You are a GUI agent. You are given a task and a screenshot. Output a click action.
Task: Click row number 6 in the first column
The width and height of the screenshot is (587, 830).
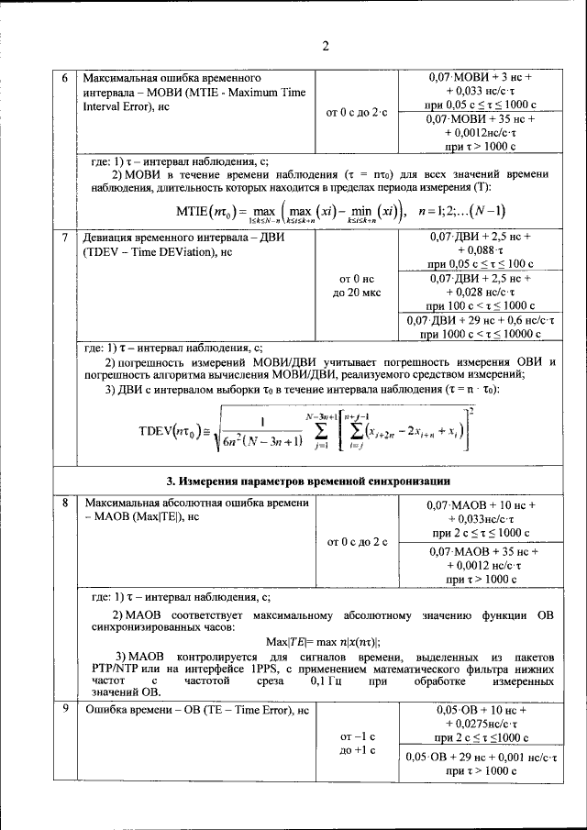point(64,79)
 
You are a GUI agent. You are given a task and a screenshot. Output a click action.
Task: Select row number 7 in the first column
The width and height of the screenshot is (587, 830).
point(64,238)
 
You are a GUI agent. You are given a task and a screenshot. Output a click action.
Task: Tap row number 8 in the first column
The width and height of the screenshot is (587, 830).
point(64,504)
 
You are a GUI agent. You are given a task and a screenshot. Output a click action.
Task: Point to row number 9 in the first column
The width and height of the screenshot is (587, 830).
point(64,710)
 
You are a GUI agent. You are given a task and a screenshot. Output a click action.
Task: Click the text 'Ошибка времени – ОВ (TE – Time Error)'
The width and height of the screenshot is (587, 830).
point(186,710)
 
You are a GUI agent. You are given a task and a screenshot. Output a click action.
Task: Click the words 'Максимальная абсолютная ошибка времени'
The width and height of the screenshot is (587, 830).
point(197,504)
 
